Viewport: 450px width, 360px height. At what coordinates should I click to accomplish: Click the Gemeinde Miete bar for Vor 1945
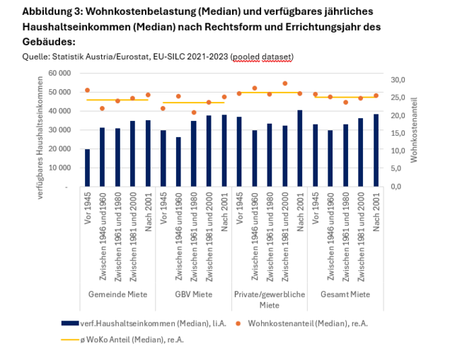tap(87, 168)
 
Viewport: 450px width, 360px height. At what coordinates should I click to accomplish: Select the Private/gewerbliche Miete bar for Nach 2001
tap(300, 149)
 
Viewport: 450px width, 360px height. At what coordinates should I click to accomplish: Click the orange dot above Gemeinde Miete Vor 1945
tap(87, 91)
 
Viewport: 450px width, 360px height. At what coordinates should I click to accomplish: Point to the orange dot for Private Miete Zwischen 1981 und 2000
tap(284, 83)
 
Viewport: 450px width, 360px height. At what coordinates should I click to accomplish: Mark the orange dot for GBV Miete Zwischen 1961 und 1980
tap(193, 112)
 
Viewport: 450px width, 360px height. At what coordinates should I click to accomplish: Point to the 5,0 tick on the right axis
tap(400, 168)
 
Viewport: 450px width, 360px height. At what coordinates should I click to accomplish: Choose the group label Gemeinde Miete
tap(117, 294)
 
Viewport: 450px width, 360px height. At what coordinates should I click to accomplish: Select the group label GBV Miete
tap(193, 294)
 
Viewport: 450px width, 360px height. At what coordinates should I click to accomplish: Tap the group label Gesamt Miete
tap(345, 294)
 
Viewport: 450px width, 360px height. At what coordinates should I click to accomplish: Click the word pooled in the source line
tap(248, 56)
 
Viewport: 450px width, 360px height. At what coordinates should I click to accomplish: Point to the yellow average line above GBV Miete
tap(193, 103)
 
